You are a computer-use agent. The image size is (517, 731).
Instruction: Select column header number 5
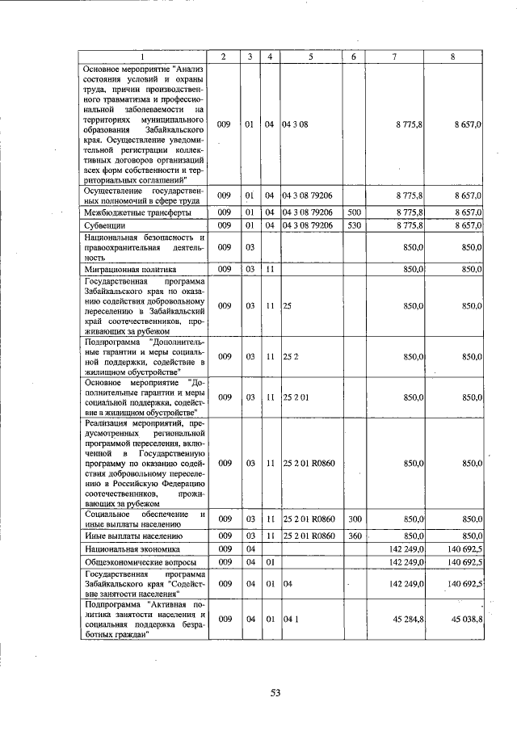[x=310, y=57]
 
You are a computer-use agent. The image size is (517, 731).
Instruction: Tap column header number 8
[x=455, y=57]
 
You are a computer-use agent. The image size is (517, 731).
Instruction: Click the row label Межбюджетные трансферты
[x=127, y=212]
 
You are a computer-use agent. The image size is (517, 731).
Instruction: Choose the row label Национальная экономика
[x=126, y=548]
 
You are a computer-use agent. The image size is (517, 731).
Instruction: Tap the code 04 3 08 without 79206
[x=296, y=124]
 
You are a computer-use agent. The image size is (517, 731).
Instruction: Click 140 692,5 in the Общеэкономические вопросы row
[x=464, y=561]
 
